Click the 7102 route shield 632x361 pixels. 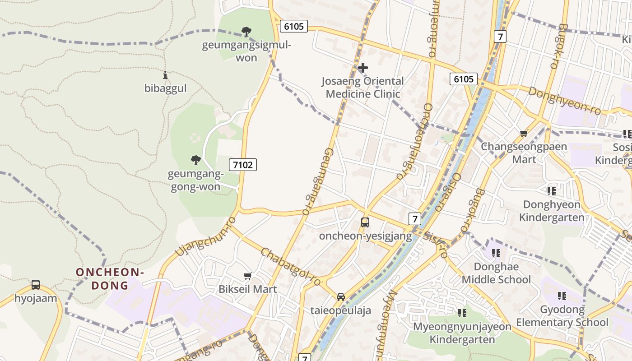[243, 165]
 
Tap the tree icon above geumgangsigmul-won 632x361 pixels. [246, 32]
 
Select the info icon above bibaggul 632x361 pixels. [165, 75]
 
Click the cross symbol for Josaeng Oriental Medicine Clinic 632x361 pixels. [362, 68]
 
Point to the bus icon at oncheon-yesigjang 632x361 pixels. [365, 222]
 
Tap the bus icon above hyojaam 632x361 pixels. [36, 285]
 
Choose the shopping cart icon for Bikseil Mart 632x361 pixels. [247, 276]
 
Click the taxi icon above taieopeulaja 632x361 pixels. [341, 296]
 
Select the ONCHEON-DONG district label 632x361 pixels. [110, 278]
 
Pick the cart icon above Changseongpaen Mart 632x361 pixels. [524, 133]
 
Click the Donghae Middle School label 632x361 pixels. [496, 273]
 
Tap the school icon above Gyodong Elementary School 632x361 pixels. [562, 296]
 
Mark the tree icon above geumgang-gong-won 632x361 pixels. [195, 160]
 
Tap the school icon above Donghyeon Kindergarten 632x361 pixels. [551, 191]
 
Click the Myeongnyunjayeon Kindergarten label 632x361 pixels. [462, 333]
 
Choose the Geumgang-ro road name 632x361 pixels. [317, 181]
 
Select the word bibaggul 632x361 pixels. [165, 88]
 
